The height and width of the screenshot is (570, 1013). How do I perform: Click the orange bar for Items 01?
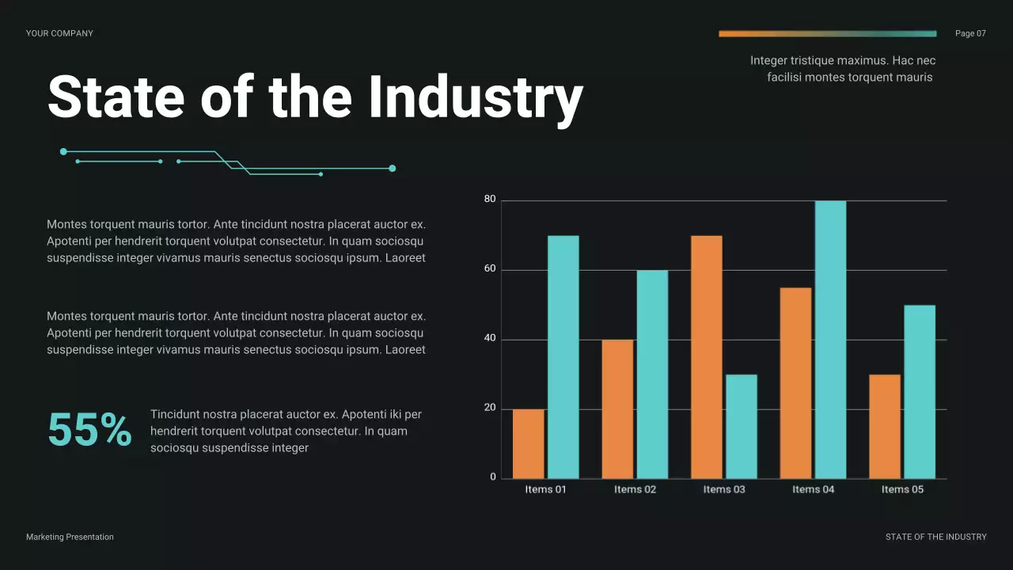(529, 443)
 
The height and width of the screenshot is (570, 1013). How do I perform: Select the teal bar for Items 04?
(830, 340)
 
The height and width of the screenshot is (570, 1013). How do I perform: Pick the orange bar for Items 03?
(707, 357)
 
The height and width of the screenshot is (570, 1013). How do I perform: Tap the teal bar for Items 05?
(920, 392)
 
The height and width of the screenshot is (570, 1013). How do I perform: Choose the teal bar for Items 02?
(652, 374)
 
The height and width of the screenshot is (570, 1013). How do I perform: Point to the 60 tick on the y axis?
(490, 269)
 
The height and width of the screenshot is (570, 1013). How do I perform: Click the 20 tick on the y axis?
(490, 408)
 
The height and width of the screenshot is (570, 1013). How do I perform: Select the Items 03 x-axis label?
(724, 489)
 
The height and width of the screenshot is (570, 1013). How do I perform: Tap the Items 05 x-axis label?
(902, 489)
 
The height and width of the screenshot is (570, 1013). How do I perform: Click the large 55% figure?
(89, 431)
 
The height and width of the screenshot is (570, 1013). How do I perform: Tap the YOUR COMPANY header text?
(59, 33)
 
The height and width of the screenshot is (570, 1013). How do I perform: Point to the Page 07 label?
(970, 33)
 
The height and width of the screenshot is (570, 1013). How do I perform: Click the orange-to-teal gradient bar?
(827, 34)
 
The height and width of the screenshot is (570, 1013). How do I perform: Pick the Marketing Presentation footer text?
(70, 537)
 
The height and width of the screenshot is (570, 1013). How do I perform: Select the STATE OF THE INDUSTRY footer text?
(935, 537)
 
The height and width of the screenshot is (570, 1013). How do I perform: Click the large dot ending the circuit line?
(392, 168)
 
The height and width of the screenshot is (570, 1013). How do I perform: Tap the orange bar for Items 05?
(885, 426)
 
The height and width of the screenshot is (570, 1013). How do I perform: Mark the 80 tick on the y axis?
(490, 199)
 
